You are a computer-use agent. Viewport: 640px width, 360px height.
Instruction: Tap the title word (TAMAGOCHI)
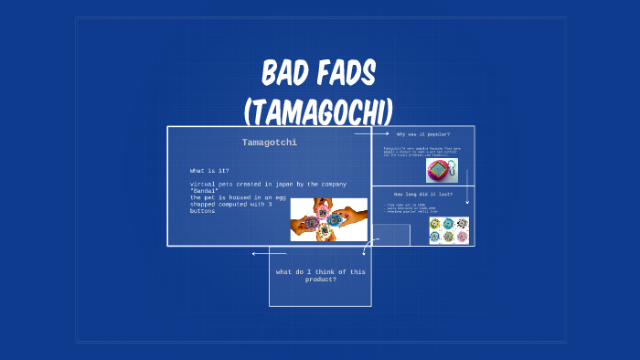pyautogui.click(x=319, y=111)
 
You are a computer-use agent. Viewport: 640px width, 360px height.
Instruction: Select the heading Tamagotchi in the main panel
pyautogui.click(x=270, y=143)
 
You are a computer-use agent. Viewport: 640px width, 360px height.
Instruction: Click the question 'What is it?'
pyautogui.click(x=209, y=171)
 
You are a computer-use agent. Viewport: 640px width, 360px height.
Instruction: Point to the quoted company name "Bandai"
pyautogui.click(x=205, y=191)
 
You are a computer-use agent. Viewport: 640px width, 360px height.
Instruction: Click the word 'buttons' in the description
pyautogui.click(x=202, y=211)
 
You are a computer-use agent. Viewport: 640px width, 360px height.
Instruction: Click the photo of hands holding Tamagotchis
pyautogui.click(x=328, y=219)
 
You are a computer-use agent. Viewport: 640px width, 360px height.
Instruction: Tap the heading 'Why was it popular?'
pyautogui.click(x=422, y=134)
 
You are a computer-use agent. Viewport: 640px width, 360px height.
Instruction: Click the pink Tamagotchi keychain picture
pyautogui.click(x=442, y=171)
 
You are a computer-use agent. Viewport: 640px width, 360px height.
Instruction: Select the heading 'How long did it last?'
pyautogui.click(x=422, y=195)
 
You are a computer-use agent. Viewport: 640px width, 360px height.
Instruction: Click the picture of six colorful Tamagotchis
pyautogui.click(x=448, y=230)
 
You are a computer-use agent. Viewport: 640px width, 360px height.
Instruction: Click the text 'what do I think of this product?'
pyautogui.click(x=319, y=275)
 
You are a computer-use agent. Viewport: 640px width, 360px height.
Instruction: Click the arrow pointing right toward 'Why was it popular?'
pyautogui.click(x=366, y=133)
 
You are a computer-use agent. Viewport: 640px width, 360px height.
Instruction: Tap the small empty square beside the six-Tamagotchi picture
pyautogui.click(x=390, y=235)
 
